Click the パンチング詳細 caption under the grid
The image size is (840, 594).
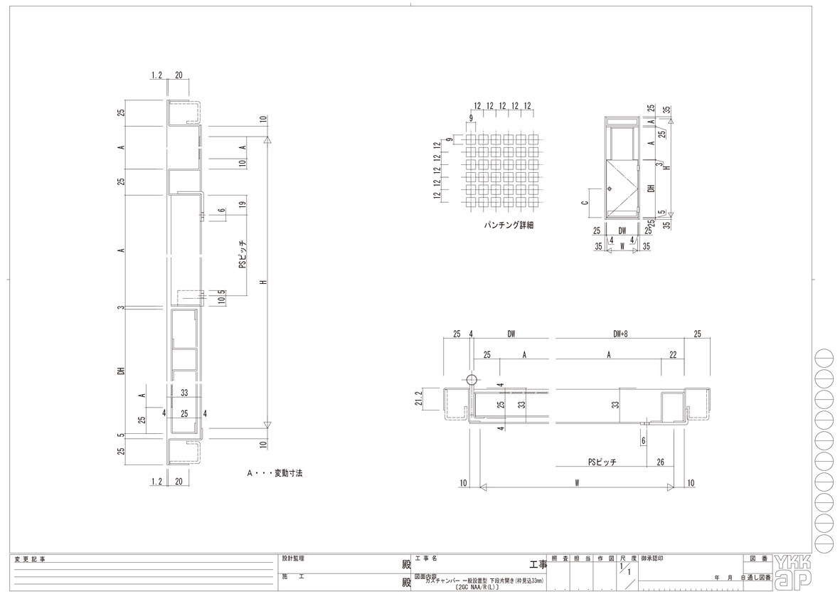[x=508, y=226]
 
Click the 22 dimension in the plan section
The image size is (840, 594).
[x=672, y=354]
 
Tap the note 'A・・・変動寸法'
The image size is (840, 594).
[x=275, y=472]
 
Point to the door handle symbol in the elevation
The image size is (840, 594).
[x=610, y=189]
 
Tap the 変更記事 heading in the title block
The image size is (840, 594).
[x=29, y=560]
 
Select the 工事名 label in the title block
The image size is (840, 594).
[x=425, y=559]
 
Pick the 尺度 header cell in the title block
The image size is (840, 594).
[x=627, y=560]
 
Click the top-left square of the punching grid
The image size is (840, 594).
[x=470, y=139]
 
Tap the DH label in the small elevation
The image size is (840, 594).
[x=651, y=189]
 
